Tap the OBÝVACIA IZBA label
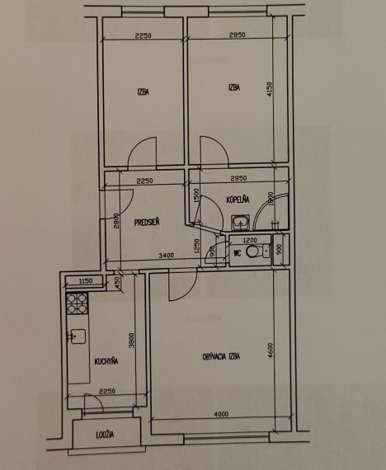point(220,356)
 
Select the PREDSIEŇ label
point(148,220)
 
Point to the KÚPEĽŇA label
point(238,200)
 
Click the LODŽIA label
point(105,435)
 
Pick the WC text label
point(237,252)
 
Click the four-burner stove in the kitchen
point(77,305)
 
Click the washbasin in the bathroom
point(240,222)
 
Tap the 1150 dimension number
point(83,282)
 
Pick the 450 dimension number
point(118,282)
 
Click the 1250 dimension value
point(196,247)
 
